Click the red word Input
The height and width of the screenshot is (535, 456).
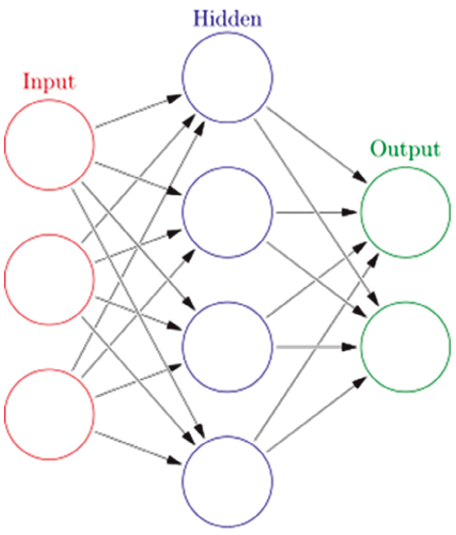[x=49, y=82]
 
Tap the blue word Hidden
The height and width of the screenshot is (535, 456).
[x=227, y=18]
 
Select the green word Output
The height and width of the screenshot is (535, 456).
[x=406, y=149]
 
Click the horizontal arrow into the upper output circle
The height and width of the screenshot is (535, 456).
[x=317, y=212]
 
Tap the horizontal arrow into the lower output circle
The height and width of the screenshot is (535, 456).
[x=317, y=347]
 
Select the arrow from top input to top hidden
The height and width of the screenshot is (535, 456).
[x=138, y=111]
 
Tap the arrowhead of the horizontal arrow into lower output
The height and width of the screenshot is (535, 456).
[x=350, y=347]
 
